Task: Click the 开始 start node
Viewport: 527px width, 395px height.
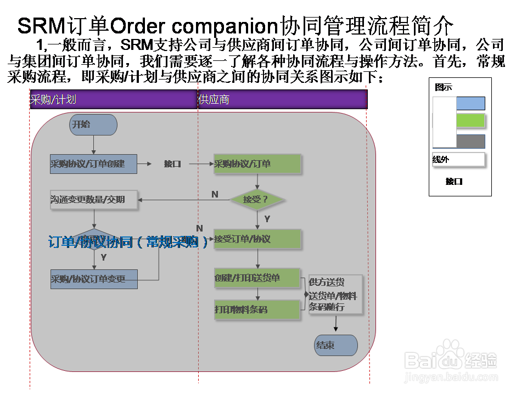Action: click(x=93, y=125)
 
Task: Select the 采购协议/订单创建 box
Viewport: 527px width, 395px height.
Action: click(x=93, y=164)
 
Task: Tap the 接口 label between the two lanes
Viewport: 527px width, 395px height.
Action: click(x=172, y=164)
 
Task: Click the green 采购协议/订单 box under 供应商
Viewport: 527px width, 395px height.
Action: click(x=257, y=164)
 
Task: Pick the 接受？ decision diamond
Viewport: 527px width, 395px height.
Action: click(x=257, y=199)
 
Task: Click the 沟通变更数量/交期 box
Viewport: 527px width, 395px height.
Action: click(x=93, y=200)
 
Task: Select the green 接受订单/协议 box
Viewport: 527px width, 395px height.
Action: click(x=257, y=239)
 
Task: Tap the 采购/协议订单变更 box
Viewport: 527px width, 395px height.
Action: click(x=93, y=279)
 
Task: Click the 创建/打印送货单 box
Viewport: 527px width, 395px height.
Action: click(x=257, y=278)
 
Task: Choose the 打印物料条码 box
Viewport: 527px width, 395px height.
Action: click(x=257, y=309)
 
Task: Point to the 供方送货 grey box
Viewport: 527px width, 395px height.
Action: click(x=335, y=295)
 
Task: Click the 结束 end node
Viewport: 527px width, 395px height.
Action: click(x=335, y=346)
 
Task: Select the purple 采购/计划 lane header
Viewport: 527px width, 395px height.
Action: click(x=113, y=100)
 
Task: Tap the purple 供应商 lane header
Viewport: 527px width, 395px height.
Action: click(x=282, y=100)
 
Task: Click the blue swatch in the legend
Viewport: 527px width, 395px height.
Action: click(x=470, y=104)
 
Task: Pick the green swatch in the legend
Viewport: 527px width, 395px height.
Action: click(x=470, y=121)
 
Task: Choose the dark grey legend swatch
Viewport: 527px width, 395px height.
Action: click(x=470, y=141)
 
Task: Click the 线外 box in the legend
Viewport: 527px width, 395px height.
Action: click(x=458, y=160)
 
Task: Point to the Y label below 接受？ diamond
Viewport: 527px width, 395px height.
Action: click(x=267, y=219)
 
